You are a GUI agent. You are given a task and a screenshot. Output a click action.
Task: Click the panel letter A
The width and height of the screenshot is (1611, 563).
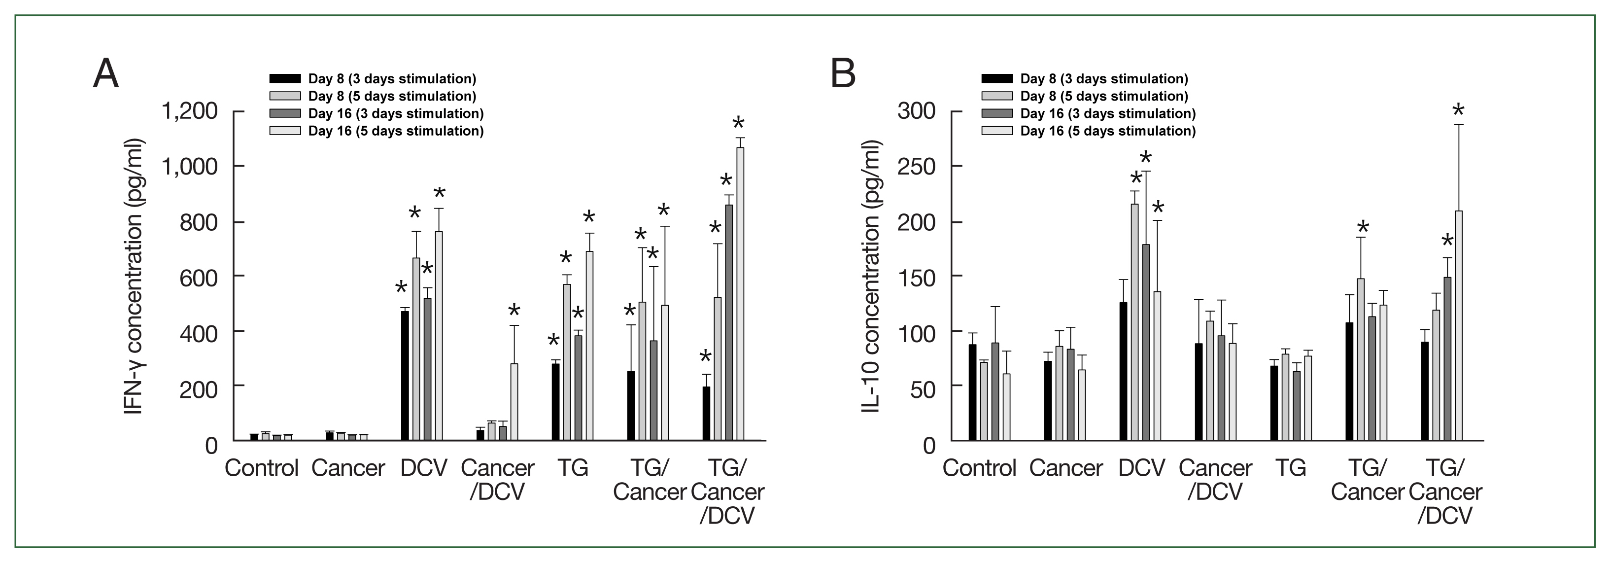105,74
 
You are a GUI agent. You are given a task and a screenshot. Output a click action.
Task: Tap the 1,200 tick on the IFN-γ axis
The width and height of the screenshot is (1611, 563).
190,111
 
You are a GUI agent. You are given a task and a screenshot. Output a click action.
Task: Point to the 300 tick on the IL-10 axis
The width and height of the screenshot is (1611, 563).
916,111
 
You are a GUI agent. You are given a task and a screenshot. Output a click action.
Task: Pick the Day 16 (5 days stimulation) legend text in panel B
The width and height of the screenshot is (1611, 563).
1107,131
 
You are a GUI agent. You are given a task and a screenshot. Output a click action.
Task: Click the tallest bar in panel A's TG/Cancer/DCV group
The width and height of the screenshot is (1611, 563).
741,294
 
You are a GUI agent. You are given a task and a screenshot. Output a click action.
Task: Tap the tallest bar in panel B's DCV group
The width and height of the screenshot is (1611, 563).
1134,322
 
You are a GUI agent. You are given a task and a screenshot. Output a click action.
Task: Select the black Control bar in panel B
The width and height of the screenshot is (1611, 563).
972,392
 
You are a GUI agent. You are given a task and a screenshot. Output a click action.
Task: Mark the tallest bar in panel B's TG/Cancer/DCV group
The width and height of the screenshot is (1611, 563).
1459,325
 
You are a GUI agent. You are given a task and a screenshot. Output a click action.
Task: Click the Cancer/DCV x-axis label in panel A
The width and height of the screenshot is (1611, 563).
498,480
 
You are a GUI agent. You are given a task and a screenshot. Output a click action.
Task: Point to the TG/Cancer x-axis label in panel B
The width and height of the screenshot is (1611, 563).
1368,480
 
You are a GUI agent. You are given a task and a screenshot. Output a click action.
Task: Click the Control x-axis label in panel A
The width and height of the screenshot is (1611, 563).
261,468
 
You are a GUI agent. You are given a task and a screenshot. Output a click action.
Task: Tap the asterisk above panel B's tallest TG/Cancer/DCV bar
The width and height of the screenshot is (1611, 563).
1458,112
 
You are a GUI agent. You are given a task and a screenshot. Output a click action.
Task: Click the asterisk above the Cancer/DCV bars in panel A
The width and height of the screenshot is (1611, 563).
514,311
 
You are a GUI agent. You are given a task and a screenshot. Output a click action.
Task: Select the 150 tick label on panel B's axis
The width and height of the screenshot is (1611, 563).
916,277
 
